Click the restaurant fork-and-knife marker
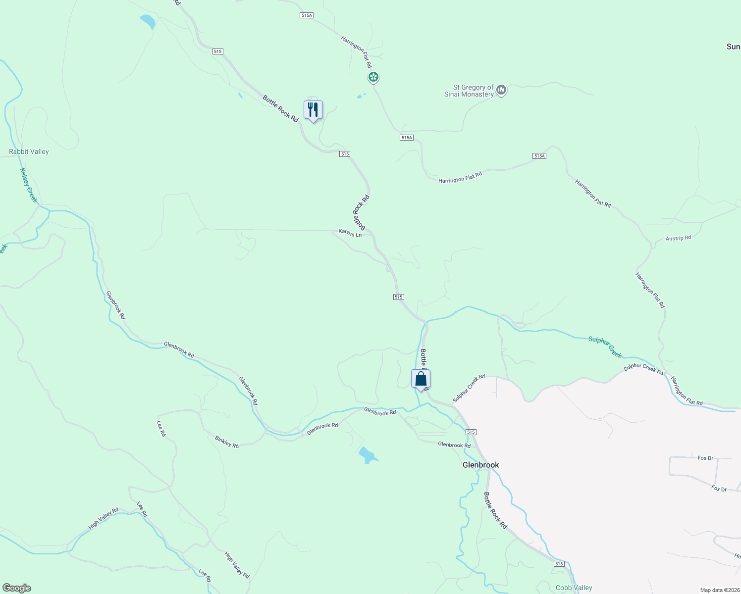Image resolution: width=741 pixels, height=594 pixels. pyautogui.click(x=313, y=110)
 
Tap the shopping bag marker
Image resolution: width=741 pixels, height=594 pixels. pyautogui.click(x=421, y=379)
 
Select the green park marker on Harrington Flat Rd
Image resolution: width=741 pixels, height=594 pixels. pyautogui.click(x=373, y=77)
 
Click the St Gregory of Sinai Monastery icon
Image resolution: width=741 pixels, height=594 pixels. pyautogui.click(x=501, y=90)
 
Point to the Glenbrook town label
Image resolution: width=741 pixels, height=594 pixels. pyautogui.click(x=480, y=465)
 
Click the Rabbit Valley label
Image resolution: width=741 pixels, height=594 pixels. pyautogui.click(x=29, y=151)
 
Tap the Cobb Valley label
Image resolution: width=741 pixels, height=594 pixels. pyautogui.click(x=574, y=588)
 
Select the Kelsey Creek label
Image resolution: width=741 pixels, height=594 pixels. pyautogui.click(x=28, y=185)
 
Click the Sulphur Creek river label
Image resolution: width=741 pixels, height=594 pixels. pyautogui.click(x=605, y=346)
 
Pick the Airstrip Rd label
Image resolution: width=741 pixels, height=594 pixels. pyautogui.click(x=678, y=238)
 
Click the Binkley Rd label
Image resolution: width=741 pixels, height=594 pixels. pyautogui.click(x=227, y=442)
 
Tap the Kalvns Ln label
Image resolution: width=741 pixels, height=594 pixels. pyautogui.click(x=350, y=233)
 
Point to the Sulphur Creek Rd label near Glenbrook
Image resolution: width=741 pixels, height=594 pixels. pyautogui.click(x=469, y=389)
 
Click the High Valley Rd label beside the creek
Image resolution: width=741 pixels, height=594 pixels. pyautogui.click(x=104, y=518)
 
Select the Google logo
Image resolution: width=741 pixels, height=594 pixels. pyautogui.click(x=17, y=588)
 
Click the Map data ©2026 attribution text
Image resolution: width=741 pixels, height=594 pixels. pyautogui.click(x=719, y=590)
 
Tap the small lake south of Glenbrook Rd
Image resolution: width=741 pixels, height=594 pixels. pyautogui.click(x=367, y=454)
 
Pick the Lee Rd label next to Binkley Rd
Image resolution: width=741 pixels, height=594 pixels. pyautogui.click(x=161, y=428)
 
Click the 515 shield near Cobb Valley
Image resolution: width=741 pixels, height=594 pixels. pyautogui.click(x=559, y=564)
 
